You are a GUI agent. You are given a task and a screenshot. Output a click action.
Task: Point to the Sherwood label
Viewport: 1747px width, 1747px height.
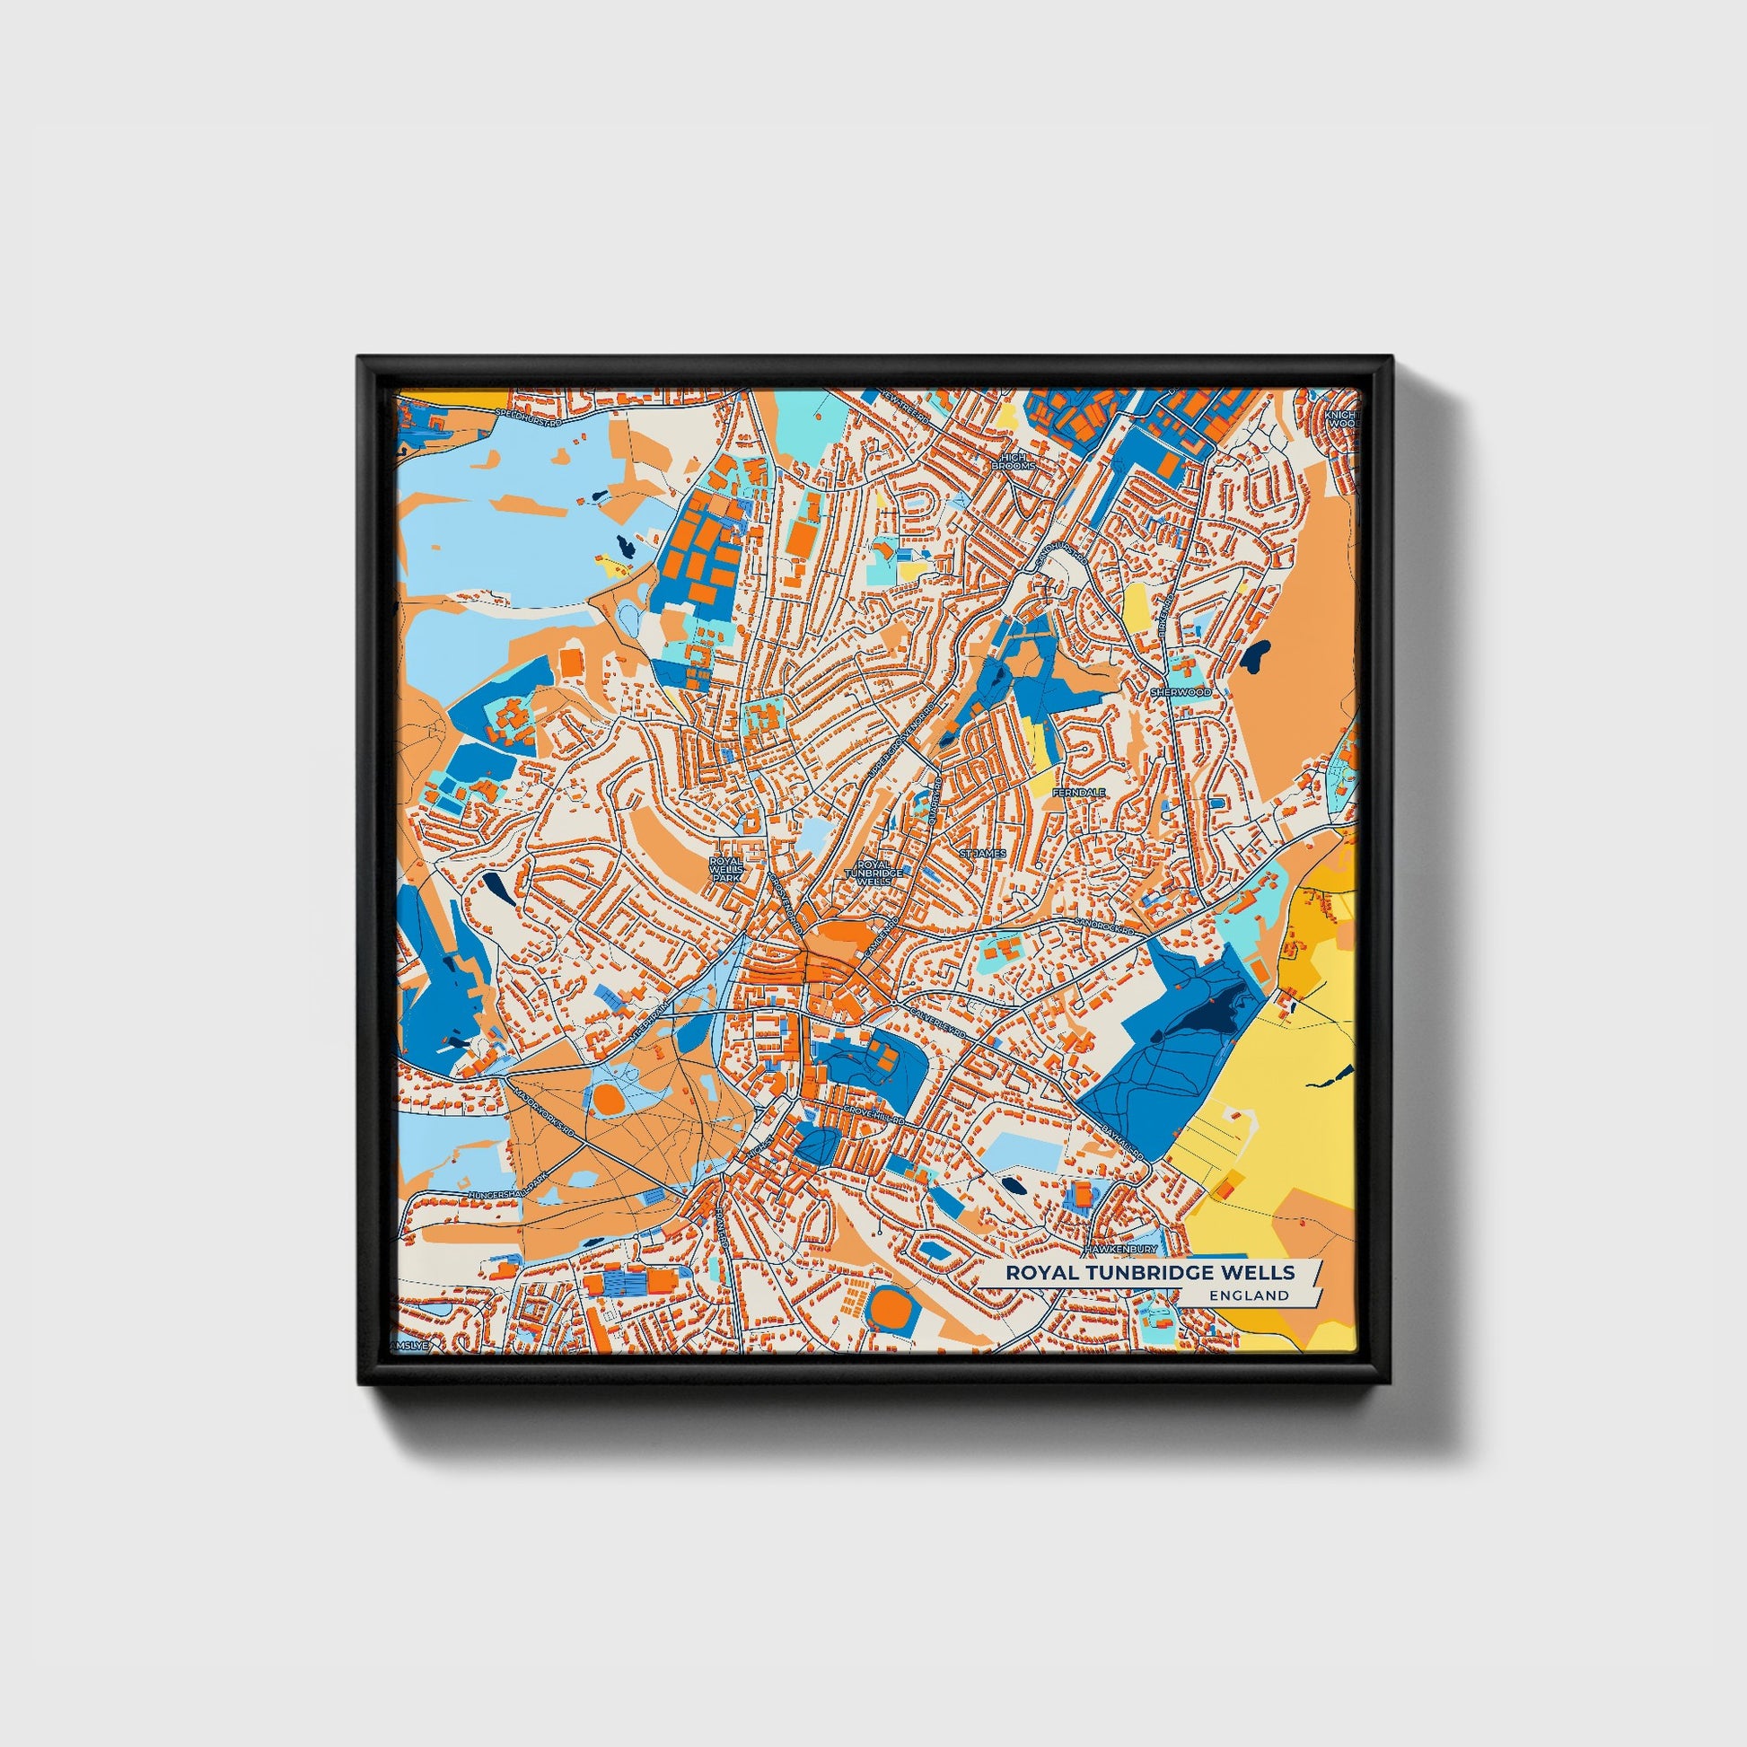click(1180, 692)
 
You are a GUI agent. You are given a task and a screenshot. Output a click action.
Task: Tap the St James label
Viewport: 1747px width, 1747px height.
click(983, 853)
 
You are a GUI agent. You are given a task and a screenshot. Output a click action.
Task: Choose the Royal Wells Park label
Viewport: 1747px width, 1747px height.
click(725, 869)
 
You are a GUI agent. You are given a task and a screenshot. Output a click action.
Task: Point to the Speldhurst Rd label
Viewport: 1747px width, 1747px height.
click(529, 417)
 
